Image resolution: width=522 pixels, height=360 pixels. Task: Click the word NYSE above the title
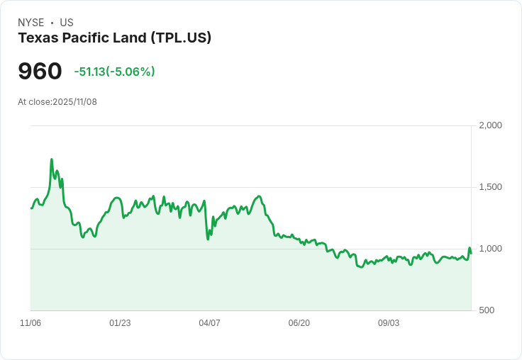click(30, 23)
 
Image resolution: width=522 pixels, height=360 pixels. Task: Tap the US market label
click(67, 23)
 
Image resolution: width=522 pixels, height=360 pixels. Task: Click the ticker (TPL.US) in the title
click(181, 38)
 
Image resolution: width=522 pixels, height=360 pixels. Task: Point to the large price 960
click(40, 72)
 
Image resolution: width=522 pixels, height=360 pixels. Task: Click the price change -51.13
click(89, 72)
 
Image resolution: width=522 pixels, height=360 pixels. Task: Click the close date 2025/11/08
click(74, 102)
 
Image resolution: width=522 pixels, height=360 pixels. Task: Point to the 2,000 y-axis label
click(490, 125)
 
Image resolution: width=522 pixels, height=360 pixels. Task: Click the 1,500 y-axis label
click(490, 187)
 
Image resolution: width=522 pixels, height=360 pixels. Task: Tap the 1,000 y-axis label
click(490, 249)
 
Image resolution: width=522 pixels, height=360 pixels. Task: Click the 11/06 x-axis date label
click(30, 323)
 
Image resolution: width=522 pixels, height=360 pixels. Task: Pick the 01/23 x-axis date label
click(120, 323)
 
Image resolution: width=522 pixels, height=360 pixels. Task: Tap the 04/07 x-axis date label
click(209, 323)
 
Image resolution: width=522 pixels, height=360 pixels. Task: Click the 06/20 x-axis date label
click(299, 323)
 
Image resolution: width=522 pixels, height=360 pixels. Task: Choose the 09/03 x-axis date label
click(389, 323)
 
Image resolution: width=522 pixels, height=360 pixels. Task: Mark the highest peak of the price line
click(52, 159)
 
